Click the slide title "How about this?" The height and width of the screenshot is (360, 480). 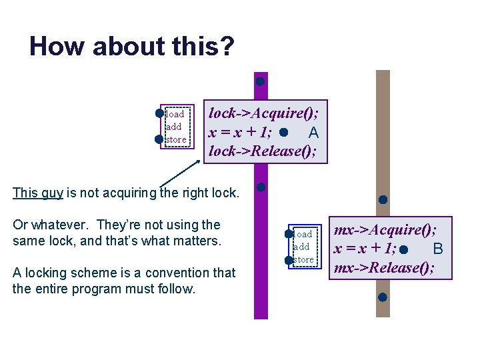[x=131, y=47]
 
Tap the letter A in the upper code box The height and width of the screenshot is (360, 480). [x=313, y=132]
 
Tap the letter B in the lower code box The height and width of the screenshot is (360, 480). [x=438, y=249]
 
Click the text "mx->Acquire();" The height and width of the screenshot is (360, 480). [x=385, y=230]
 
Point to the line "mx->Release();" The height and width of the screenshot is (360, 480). [x=385, y=268]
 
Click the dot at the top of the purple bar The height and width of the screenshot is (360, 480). [x=261, y=81]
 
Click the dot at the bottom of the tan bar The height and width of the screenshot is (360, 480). [x=383, y=297]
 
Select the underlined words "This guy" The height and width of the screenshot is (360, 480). [x=38, y=193]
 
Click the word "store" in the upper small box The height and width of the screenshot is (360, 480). [x=176, y=139]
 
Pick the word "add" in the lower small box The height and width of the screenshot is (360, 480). [x=302, y=247]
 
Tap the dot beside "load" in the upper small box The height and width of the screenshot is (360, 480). [x=160, y=113]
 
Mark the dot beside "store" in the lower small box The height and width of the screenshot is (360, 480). [x=289, y=260]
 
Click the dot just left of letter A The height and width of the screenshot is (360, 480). [x=285, y=132]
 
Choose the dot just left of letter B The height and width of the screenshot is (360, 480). [x=405, y=249]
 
